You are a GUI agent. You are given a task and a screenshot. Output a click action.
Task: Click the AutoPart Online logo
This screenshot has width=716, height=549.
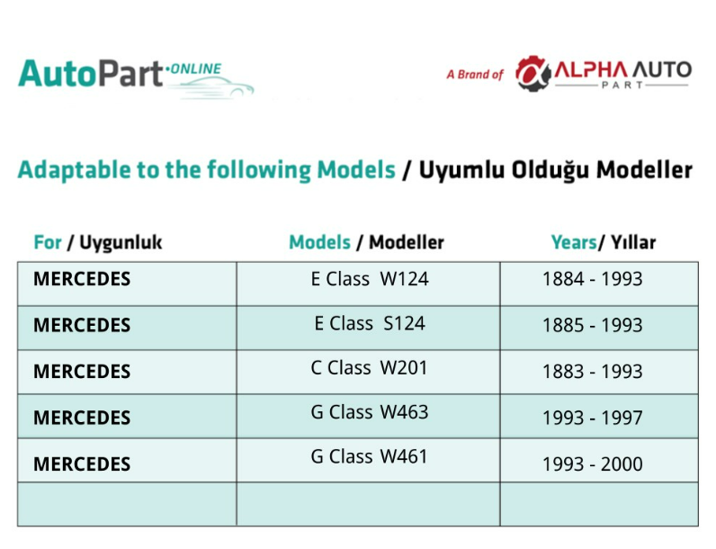coord(136,77)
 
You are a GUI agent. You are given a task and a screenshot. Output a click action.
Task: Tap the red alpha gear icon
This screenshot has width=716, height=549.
coord(533,74)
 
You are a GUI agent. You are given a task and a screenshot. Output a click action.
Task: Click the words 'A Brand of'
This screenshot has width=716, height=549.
coord(475,75)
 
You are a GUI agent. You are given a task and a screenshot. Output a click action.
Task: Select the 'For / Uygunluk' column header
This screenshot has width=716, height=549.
coord(98,242)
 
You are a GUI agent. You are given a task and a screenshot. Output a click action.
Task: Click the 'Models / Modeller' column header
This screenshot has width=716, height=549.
coord(366,242)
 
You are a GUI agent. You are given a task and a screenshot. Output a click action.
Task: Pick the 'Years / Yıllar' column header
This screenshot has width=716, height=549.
coord(604,242)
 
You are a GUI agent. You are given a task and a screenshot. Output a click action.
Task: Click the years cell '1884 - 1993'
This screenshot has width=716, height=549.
coord(592,279)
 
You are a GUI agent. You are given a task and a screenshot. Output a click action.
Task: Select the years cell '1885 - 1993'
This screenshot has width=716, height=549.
coord(592,325)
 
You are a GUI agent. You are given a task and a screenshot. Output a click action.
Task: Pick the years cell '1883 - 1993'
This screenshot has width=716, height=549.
coord(592,372)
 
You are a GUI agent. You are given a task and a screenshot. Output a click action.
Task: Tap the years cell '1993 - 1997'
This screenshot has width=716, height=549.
coord(592,418)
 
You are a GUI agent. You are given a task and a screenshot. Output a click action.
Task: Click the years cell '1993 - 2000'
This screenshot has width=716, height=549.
coord(592,464)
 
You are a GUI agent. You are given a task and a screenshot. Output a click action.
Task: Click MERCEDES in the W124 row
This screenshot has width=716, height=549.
coord(82,279)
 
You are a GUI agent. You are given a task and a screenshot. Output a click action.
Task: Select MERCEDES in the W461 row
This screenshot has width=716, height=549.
coord(82,464)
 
